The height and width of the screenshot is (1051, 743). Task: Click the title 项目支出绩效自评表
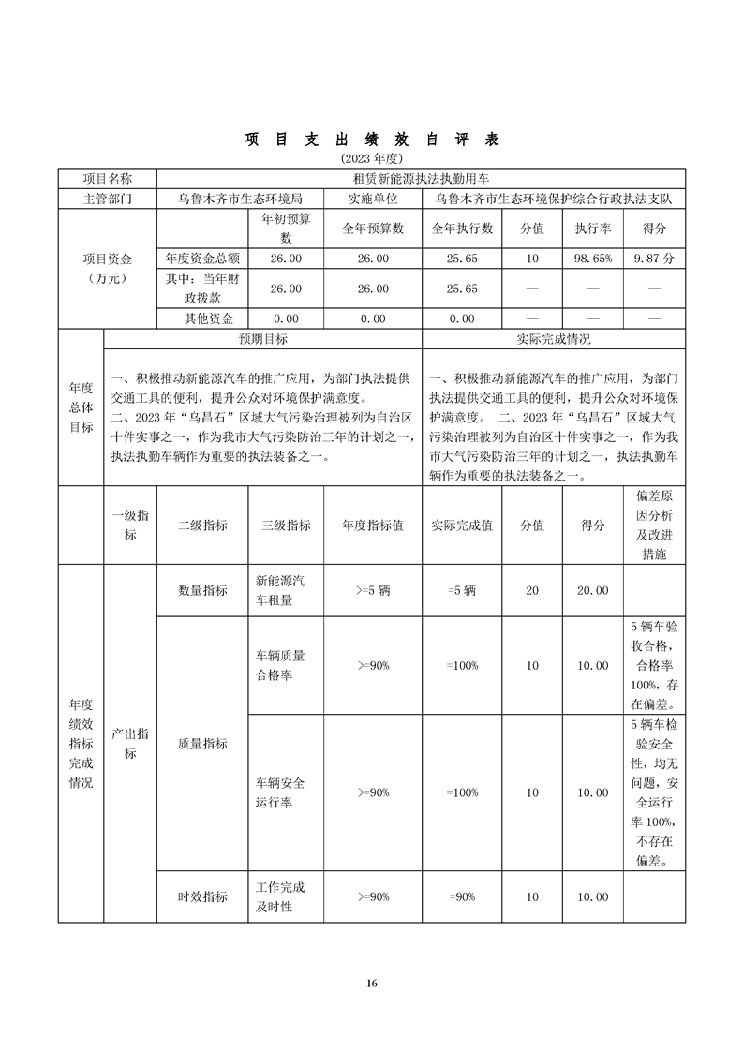pyautogui.click(x=372, y=140)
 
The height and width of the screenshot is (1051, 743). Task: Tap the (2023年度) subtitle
pyautogui.click(x=372, y=158)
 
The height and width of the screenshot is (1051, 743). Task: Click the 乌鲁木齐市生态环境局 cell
pyautogui.click(x=241, y=200)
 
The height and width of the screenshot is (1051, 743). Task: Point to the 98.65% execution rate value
pyautogui.click(x=592, y=258)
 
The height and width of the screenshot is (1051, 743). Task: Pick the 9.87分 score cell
pyautogui.click(x=654, y=258)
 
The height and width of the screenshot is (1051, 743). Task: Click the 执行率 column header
pyautogui.click(x=592, y=229)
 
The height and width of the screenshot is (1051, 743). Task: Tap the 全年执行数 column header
pyautogui.click(x=462, y=229)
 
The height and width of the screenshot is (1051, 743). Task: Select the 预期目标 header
pyautogui.click(x=263, y=339)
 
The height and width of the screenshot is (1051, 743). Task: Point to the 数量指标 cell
pyautogui.click(x=202, y=590)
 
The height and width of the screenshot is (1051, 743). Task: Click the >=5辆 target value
pyautogui.click(x=373, y=590)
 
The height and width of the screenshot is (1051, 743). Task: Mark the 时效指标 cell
pyautogui.click(x=202, y=896)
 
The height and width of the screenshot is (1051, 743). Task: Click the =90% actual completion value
pyautogui.click(x=462, y=896)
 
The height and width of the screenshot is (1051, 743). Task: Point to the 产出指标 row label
pyautogui.click(x=130, y=743)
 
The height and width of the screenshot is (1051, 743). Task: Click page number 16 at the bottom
pyautogui.click(x=372, y=983)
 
